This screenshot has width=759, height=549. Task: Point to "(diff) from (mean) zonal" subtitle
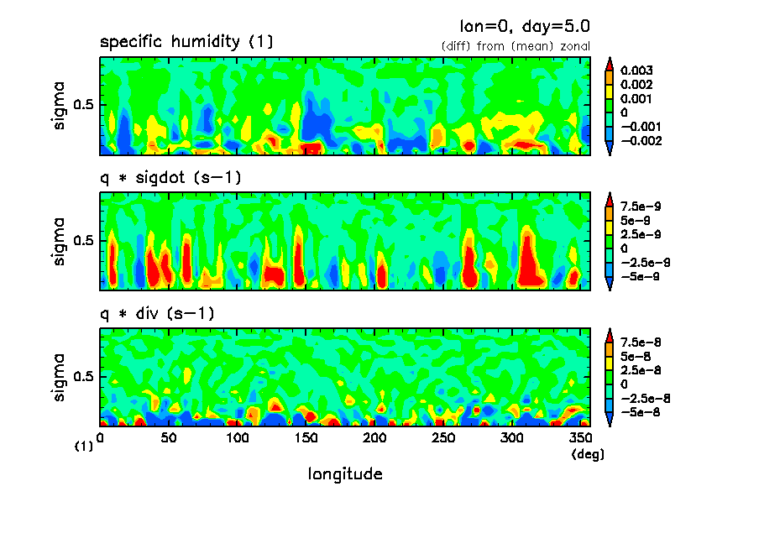pos(516,45)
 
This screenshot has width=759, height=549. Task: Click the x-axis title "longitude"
pos(345,474)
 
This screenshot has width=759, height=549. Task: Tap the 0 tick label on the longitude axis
pos(100,437)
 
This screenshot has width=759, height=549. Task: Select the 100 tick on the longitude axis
pos(238,437)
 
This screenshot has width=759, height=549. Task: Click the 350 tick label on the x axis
pos(580,437)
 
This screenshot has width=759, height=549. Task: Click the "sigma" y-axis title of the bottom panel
pos(59,376)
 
